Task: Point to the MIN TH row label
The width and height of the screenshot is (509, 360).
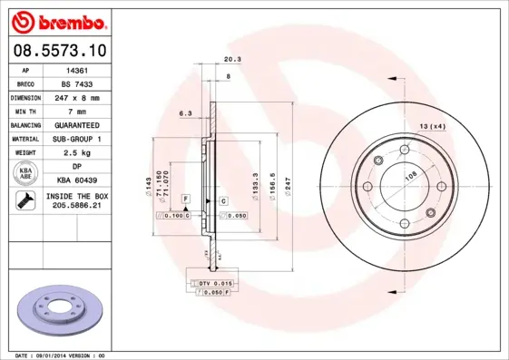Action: coord(25,111)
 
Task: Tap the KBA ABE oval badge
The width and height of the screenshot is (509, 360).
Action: coord(26,173)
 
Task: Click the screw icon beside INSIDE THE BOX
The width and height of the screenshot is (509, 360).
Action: coord(25,201)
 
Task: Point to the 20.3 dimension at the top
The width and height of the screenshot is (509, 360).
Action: coord(231,61)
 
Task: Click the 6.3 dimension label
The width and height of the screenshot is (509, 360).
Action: coord(185,113)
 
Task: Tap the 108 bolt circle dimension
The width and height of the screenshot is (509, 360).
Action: coord(410,177)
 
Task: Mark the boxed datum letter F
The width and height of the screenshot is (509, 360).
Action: coord(184,198)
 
